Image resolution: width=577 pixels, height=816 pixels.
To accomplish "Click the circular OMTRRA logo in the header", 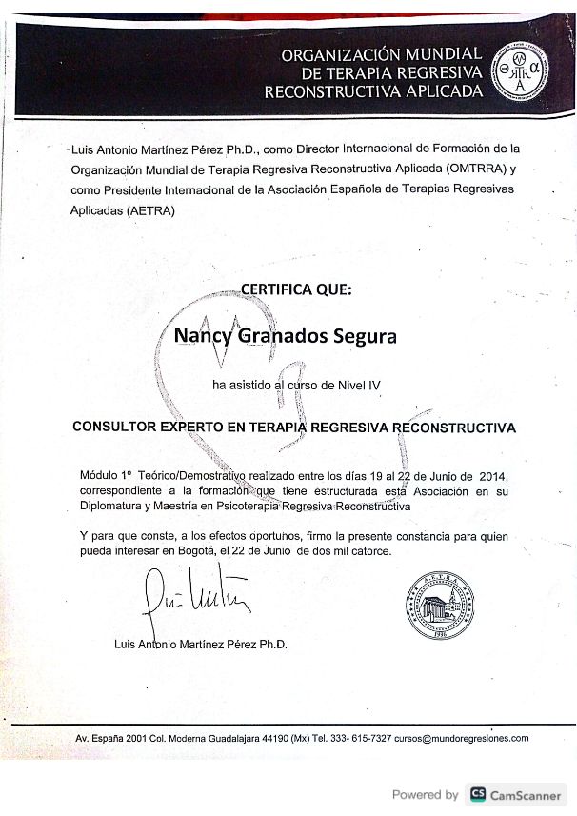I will pyautogui.click(x=520, y=71).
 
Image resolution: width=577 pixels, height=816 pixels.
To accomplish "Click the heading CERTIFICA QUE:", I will pyautogui.click(x=296, y=289).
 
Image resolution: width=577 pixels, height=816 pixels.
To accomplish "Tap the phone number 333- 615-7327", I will pyautogui.click(x=358, y=738).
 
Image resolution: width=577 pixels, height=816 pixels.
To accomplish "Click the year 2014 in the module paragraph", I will pyautogui.click(x=491, y=475).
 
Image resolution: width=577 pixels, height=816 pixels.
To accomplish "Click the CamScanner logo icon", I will pyautogui.click(x=477, y=794).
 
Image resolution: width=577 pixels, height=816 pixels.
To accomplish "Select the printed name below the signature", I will pyautogui.click(x=200, y=644).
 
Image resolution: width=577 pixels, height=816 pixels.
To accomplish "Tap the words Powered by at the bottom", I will pyautogui.click(x=425, y=794).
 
